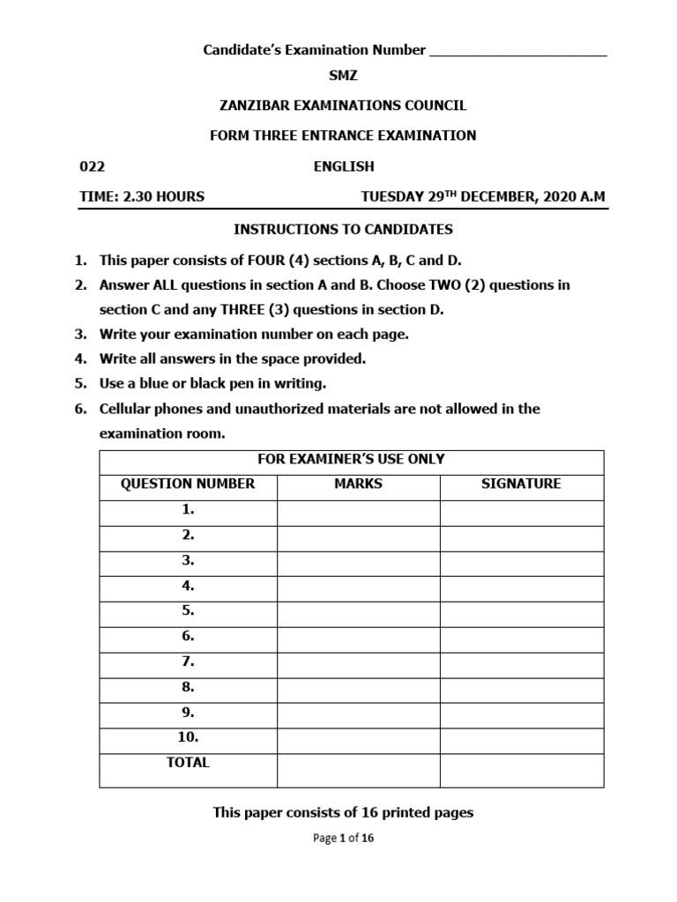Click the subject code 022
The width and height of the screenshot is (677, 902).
point(93,166)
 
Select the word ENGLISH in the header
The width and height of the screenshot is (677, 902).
point(344,166)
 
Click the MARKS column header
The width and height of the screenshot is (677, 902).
point(358,484)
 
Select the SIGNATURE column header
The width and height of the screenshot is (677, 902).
point(521,484)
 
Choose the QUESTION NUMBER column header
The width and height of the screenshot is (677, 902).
point(188,484)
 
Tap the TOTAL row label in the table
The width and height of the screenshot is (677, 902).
point(188,763)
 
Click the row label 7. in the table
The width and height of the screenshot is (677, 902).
point(188,662)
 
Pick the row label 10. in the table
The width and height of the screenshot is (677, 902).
point(188,738)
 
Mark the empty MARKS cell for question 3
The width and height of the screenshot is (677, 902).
point(358,560)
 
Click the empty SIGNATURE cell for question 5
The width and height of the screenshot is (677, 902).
point(521,611)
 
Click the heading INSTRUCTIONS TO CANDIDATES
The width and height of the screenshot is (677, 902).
point(343,230)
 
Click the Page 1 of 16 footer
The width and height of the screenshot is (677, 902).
point(343,839)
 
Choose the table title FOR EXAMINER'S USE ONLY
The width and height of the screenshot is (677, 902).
point(351,459)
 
